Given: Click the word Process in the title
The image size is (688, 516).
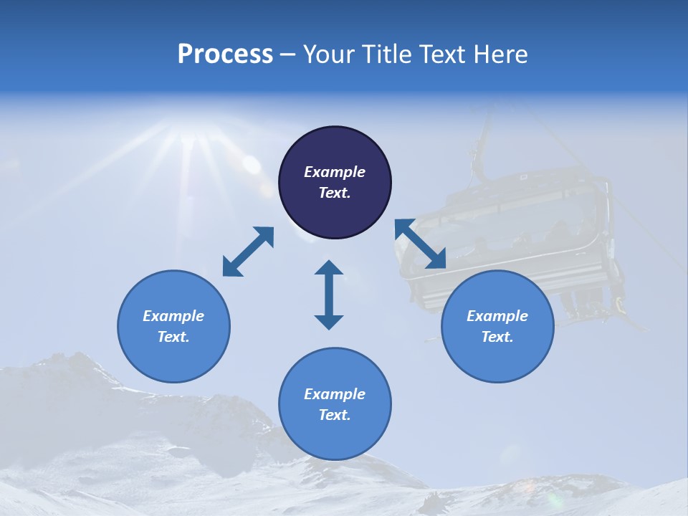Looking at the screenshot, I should click(x=225, y=54).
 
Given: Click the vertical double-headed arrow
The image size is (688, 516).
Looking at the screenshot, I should click(x=329, y=295).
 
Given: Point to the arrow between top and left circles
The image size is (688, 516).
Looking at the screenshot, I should click(x=248, y=252).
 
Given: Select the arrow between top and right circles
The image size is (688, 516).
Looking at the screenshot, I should click(x=421, y=244).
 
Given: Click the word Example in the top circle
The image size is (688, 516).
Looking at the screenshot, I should click(x=335, y=172).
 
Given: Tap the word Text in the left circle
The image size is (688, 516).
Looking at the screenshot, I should click(x=173, y=337).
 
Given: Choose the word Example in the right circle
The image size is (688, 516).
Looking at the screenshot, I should click(x=497, y=316).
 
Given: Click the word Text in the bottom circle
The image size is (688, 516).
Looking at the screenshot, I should click(x=335, y=415).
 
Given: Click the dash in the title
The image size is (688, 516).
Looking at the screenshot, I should click(x=287, y=55).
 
